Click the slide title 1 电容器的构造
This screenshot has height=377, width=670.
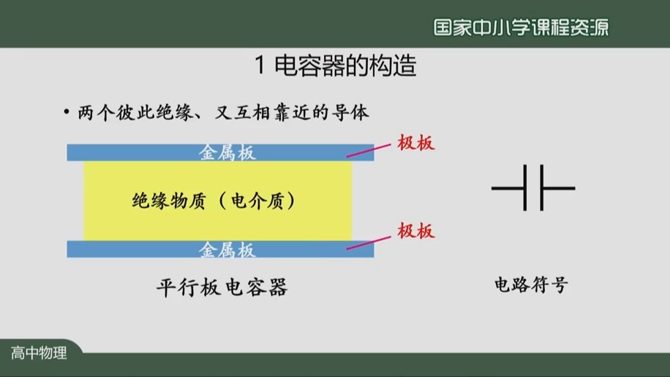click(336, 67)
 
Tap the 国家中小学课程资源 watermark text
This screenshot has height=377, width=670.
click(521, 27)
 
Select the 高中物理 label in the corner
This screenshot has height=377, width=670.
click(39, 353)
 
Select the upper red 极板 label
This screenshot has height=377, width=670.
click(416, 143)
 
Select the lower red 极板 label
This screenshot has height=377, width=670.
click(416, 231)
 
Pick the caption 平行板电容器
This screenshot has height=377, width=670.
click(222, 287)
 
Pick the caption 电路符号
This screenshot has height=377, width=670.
click(531, 285)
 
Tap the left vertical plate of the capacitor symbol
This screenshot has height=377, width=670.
click(527, 188)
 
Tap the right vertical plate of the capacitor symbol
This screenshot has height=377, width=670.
click(540, 188)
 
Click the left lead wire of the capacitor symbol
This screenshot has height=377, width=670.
click(509, 189)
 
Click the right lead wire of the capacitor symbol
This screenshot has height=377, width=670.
click(558, 189)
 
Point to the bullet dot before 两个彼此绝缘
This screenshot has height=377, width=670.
click(65, 113)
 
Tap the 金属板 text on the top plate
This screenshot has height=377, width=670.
click(227, 152)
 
